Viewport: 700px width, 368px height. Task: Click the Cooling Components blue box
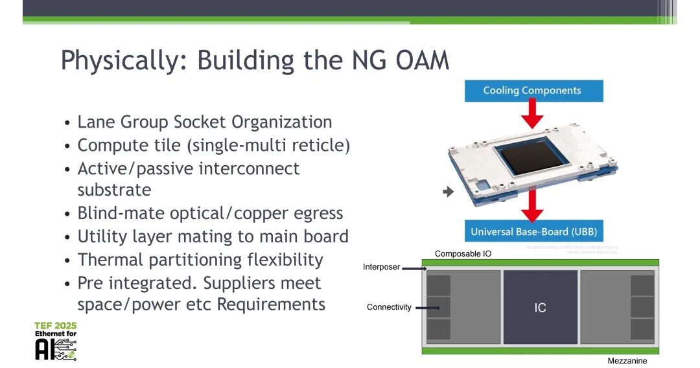(x=533, y=91)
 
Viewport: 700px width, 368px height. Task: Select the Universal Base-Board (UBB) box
(x=533, y=231)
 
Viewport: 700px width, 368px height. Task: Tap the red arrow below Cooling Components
(x=533, y=115)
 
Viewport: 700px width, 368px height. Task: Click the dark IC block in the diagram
(x=540, y=307)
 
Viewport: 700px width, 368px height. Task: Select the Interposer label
(x=381, y=267)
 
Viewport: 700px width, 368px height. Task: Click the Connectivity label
(x=389, y=307)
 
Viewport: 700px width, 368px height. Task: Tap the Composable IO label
(x=463, y=254)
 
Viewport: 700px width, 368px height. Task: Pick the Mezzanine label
(x=627, y=361)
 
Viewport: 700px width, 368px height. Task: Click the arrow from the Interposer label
(x=414, y=267)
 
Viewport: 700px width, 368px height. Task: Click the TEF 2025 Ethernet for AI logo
(x=56, y=341)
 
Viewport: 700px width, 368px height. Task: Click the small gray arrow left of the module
(x=447, y=192)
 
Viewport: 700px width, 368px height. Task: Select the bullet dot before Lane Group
(x=68, y=123)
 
